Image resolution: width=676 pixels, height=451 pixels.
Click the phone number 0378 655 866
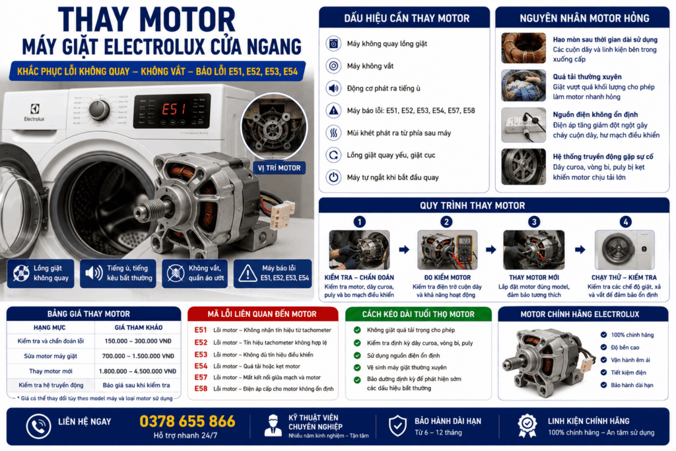coord(187,421)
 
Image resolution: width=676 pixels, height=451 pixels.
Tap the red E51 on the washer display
coord(174,109)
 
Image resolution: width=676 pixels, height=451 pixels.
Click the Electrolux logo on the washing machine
coord(34,112)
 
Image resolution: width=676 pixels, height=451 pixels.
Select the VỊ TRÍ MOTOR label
coord(279,168)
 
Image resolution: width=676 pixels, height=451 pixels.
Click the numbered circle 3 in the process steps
coord(533,222)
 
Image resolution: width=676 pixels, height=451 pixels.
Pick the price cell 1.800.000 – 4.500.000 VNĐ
coord(137,371)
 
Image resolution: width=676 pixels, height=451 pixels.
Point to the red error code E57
coord(201,377)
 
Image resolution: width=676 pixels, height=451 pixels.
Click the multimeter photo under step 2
coord(447,250)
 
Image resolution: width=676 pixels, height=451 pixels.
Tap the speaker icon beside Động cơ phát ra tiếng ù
coord(333,88)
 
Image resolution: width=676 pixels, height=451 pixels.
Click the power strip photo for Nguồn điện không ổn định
coord(524,125)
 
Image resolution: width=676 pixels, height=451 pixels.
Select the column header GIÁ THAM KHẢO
coord(139,328)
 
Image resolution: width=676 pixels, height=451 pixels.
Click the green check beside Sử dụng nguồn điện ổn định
coord(357,356)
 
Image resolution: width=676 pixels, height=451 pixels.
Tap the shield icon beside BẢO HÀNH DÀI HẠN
coord(397,426)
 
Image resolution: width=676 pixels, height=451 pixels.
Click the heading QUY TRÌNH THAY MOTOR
coord(473,205)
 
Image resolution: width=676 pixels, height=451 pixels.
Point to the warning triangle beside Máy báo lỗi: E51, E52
coord(333,111)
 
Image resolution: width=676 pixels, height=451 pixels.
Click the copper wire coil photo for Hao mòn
coord(524,48)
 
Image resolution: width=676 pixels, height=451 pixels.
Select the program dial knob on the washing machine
coord(99,110)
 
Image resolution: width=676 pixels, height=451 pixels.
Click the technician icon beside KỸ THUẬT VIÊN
coord(273,425)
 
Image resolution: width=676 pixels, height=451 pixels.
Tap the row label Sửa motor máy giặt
coord(50,356)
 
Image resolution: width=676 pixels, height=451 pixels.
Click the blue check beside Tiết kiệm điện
coord(603,372)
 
